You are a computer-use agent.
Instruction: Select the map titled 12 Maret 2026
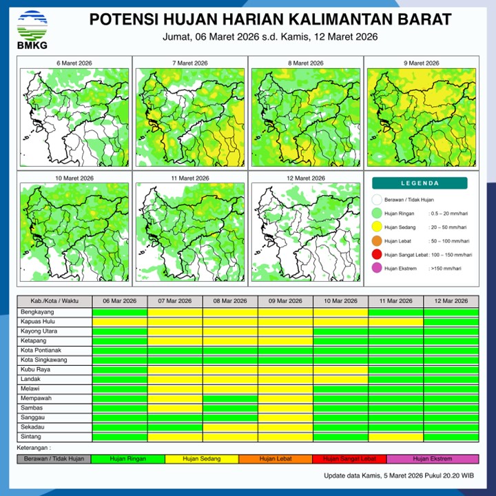coord(304,231)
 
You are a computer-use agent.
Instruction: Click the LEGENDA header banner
coord(420,183)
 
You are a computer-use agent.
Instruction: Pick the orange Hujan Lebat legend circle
coord(376,241)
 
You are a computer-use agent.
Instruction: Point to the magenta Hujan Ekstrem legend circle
coord(376,268)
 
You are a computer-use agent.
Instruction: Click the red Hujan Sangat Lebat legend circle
coord(376,255)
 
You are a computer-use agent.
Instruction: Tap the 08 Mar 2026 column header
coord(230,301)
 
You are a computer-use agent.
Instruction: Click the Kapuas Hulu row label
coord(39,321)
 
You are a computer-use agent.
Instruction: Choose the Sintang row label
coord(32,437)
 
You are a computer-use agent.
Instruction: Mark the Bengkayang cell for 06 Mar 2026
coord(120,311)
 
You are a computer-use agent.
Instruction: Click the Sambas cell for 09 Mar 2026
coord(285,408)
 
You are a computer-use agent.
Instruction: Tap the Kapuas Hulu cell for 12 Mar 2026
coord(451,321)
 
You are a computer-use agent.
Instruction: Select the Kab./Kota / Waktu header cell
coord(54,301)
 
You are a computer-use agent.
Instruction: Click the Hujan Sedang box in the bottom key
coord(201,459)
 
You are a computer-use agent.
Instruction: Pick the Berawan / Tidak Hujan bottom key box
coord(54,459)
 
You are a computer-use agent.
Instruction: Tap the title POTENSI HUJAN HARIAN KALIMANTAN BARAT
coord(271,19)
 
